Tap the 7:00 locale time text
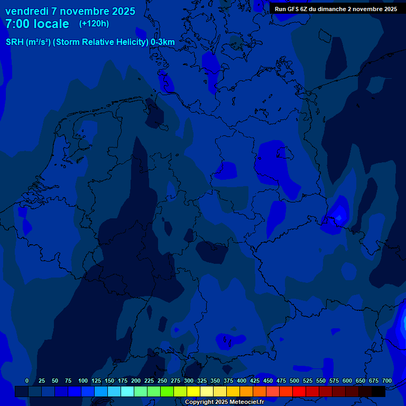coord(37,24)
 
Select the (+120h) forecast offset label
coord(94,23)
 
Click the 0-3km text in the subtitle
coord(163,42)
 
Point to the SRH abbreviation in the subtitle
coord(15,42)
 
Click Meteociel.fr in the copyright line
coord(246,402)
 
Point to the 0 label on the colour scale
coord(27,381)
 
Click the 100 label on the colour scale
coord(83,381)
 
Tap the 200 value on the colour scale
coord(136,381)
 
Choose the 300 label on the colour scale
coord(189,381)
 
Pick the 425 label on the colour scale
coord(255,381)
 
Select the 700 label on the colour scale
coord(387,381)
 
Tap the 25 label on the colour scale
coord(42,381)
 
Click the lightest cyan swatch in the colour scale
coord(127,391)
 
